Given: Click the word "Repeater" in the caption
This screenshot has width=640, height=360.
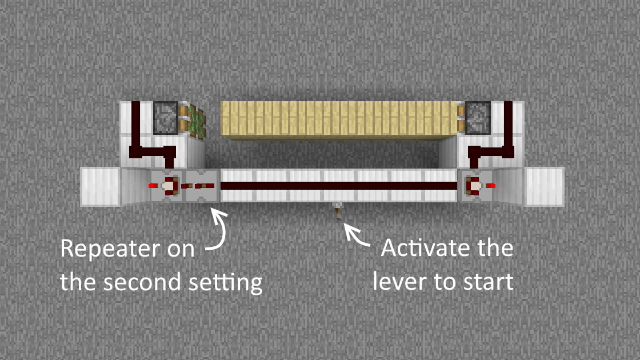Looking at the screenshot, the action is coord(110,249).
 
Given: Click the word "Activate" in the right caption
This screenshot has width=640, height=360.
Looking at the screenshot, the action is coord(426,248).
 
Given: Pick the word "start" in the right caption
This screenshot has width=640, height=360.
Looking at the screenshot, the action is coord(489,282).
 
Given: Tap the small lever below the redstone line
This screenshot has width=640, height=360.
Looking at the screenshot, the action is coord(338,211).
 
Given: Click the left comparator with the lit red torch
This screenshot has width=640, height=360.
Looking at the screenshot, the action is coord(167,186).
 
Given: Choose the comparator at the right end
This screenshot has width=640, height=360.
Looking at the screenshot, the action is coord(477,186).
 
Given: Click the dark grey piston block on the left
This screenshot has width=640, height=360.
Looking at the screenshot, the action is coord(165,117).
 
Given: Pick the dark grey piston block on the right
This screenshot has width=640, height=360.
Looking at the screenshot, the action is coord(478,117).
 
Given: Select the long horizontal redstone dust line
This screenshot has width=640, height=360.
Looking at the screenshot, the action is coord(339,186).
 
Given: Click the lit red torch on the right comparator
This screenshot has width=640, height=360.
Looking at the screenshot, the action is coord(491,186).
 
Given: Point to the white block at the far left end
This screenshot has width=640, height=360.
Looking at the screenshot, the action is coord(101,186).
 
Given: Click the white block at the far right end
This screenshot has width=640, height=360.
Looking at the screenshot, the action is coord(545,186).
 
